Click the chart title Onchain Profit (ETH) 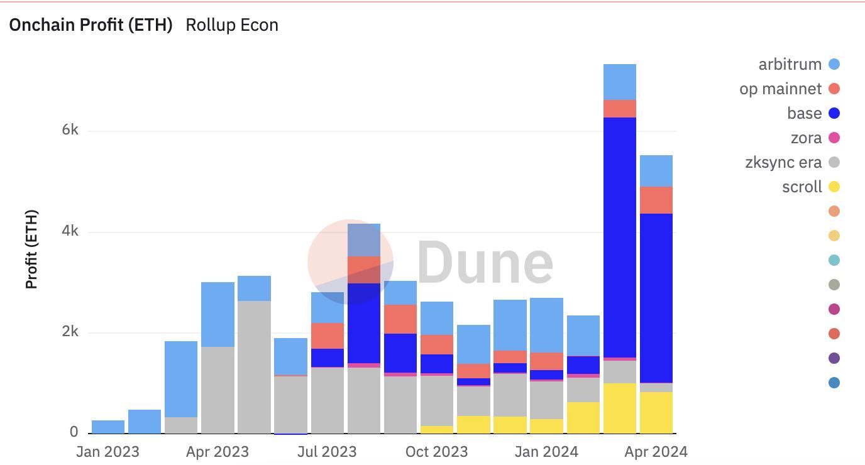pos(91,25)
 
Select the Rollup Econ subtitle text pos(232,25)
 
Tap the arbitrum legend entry pos(798,64)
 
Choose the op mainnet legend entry pos(789,89)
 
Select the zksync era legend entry pos(792,162)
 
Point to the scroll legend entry pos(810,187)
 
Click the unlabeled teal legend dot pos(834,260)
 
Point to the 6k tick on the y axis pos(70,130)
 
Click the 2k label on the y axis pos(70,332)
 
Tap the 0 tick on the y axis pos(74,432)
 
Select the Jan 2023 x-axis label pos(107,452)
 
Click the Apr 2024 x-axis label pos(656,452)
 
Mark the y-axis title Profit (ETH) pos(31,249)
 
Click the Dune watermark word pos(485,263)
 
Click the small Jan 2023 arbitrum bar pos(108,427)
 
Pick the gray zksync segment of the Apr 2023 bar pos(218,390)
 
